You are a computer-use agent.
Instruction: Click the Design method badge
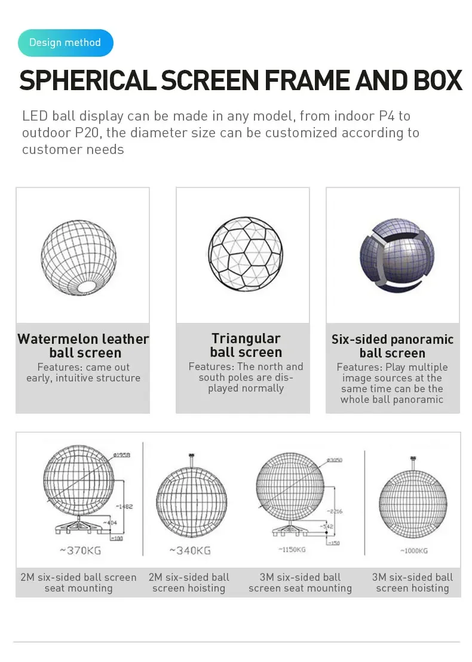pyautogui.click(x=65, y=42)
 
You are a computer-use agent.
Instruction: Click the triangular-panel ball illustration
pyautogui.click(x=243, y=254)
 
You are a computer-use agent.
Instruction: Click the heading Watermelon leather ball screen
pyautogui.click(x=83, y=346)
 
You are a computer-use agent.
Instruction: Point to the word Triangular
pyautogui.click(x=246, y=338)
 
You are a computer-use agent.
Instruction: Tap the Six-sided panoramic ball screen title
pyautogui.click(x=393, y=346)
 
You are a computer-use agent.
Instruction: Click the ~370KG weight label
pyautogui.click(x=77, y=550)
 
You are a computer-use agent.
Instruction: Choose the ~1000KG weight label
pyautogui.click(x=413, y=550)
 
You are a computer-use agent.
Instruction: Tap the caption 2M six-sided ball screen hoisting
pyautogui.click(x=189, y=583)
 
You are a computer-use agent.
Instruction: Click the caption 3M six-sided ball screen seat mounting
pyautogui.click(x=300, y=583)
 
